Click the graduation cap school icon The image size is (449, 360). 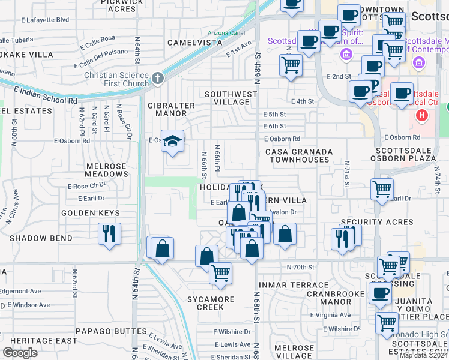(173, 141)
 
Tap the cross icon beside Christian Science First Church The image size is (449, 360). (157, 78)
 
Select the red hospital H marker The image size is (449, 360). (423, 115)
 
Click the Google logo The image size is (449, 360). (20, 353)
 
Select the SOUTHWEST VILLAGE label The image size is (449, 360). (231, 98)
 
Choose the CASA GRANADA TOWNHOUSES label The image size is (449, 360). (298, 156)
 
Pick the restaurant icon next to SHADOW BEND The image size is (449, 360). (109, 233)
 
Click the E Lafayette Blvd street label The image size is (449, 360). (44, 20)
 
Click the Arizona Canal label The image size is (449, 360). (226, 32)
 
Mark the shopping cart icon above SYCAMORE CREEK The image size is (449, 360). (221, 273)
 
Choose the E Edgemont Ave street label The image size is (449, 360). (20, 291)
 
